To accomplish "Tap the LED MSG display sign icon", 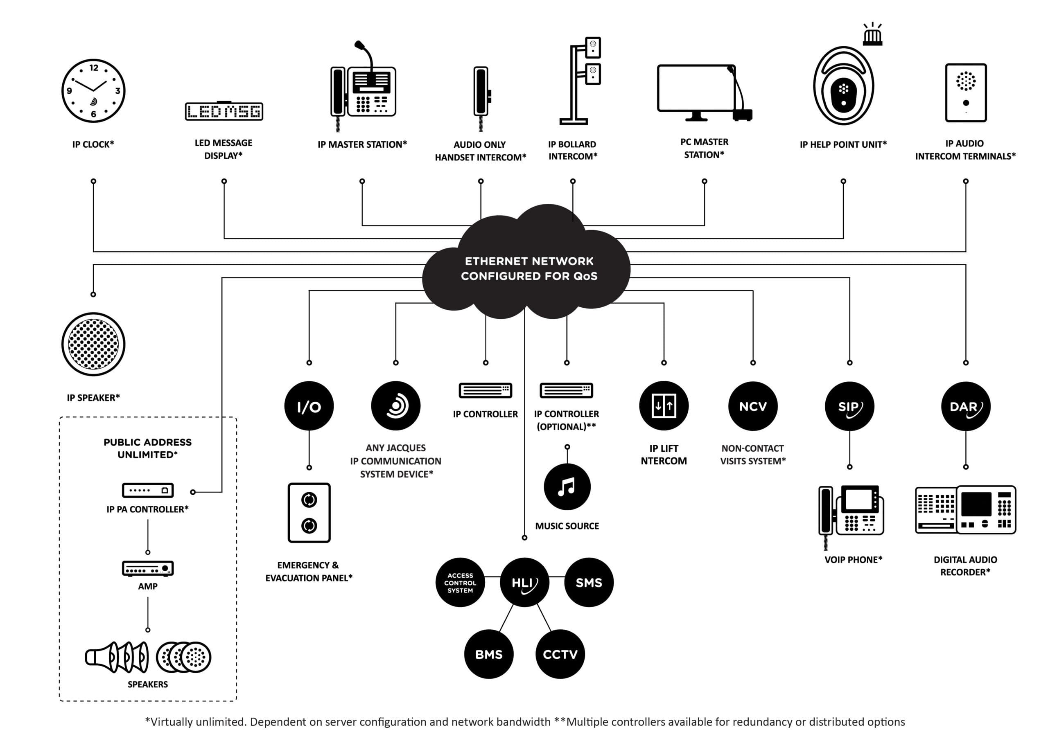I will (x=224, y=111).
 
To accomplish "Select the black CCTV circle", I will (x=560, y=654).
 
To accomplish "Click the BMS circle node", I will (x=488, y=654).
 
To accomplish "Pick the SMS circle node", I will (x=589, y=582).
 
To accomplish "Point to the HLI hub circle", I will (x=524, y=582).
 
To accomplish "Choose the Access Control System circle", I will (x=460, y=583).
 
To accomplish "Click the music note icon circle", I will (x=567, y=486).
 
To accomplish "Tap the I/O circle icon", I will (x=309, y=405).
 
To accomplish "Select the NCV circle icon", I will (x=753, y=406).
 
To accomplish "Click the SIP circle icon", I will (x=849, y=406).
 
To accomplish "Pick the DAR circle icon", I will (x=965, y=406).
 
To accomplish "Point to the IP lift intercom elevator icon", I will (x=664, y=405).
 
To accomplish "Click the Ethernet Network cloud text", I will (x=529, y=268).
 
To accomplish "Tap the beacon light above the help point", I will (x=872, y=36).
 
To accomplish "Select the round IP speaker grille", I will (x=93, y=344).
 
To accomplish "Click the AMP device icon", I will (x=147, y=568).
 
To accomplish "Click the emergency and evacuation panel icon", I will (x=309, y=512).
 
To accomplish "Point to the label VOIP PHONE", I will (x=853, y=559).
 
